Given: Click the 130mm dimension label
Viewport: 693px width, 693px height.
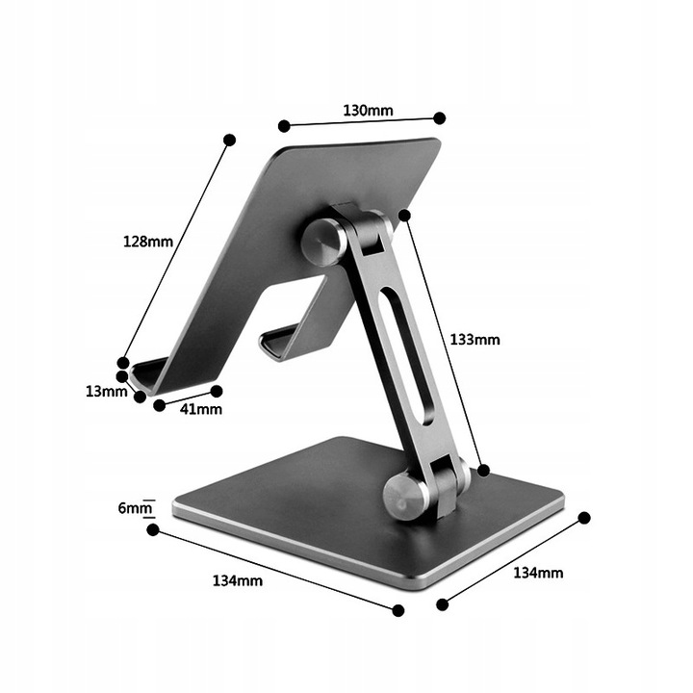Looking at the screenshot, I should click(368, 110).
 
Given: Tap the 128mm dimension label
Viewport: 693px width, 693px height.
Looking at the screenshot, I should click(147, 242).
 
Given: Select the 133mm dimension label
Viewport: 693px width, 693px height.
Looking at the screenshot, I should click(475, 339).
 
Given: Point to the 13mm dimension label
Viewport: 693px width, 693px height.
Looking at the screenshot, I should click(105, 392).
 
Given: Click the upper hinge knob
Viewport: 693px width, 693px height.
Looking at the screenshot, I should click(322, 242).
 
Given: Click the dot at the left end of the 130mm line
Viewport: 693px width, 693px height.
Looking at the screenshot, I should click(284, 125).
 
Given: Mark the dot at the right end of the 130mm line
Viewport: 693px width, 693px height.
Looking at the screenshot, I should click(439, 117).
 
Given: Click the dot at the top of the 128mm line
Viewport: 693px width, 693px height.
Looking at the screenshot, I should click(229, 141).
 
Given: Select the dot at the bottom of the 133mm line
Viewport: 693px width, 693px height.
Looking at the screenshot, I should click(484, 470).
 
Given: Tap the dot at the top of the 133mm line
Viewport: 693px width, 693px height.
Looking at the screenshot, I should click(405, 215).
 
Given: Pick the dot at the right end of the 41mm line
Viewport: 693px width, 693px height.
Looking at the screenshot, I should click(217, 391).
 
